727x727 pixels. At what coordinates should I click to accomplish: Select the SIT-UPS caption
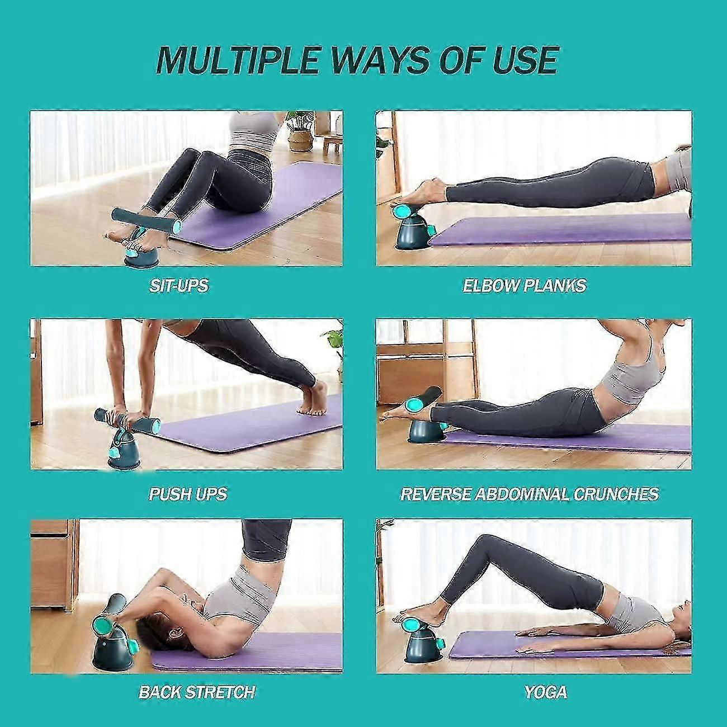(178, 286)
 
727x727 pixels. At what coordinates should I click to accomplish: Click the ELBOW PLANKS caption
(524, 286)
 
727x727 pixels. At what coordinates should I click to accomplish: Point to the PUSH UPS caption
(188, 494)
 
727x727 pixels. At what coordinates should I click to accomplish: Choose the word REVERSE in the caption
(435, 494)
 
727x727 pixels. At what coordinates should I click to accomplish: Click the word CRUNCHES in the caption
(616, 494)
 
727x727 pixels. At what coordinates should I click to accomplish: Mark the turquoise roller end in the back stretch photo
(102, 627)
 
